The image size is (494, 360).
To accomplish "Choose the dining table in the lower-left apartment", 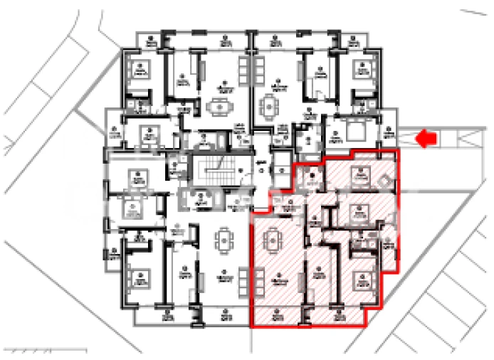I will pyautogui.click(x=224, y=240).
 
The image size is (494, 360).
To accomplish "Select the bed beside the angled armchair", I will pyautogui.click(x=361, y=176).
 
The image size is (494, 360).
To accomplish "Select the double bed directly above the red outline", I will pyautogui.click(x=352, y=132).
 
